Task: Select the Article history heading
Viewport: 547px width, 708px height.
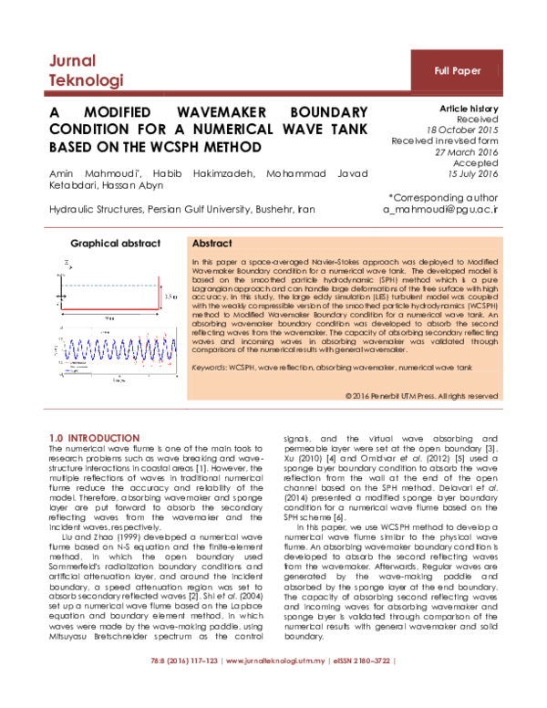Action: click(469, 108)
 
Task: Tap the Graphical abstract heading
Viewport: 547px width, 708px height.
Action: click(116, 244)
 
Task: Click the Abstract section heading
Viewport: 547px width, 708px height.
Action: click(212, 245)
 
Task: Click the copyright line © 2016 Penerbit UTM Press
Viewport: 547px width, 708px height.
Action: click(422, 396)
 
